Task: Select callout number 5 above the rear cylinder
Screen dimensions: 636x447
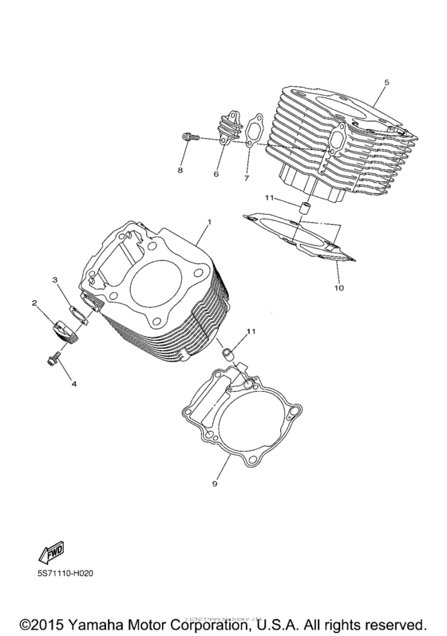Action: [x=386, y=82]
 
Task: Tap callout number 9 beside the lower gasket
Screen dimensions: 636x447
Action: [x=215, y=484]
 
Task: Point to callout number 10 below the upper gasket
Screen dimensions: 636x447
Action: [x=338, y=288]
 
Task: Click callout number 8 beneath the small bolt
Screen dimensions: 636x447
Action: [x=180, y=171]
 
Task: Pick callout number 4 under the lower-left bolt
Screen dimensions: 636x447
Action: [x=73, y=385]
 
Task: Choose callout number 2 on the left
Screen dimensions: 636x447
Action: [x=35, y=303]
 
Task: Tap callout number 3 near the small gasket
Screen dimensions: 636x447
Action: [x=55, y=280]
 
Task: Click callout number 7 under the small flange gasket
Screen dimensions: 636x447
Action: [x=247, y=178]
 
